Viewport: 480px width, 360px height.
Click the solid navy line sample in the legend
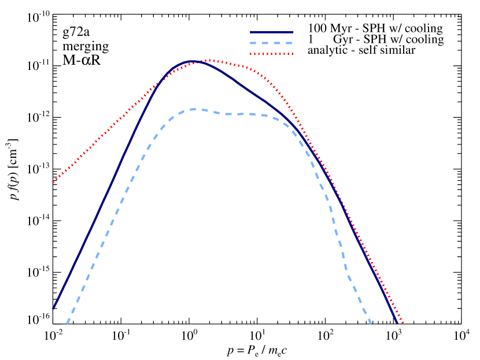click(x=271, y=32)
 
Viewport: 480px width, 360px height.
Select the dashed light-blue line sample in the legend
click(x=271, y=43)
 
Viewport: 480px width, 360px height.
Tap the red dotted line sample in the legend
click(x=271, y=54)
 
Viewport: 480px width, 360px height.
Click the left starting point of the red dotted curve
click(x=53, y=182)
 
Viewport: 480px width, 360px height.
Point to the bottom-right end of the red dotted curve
click(x=403, y=322)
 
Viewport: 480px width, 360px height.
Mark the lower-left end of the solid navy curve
click(x=53, y=309)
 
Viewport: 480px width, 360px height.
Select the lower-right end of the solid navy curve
click(x=398, y=322)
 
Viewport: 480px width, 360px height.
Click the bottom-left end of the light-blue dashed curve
click(x=67, y=324)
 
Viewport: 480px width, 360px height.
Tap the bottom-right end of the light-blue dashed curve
click(x=371, y=324)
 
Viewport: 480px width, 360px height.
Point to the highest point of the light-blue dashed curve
click(x=194, y=109)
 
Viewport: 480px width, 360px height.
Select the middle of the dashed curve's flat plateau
click(x=240, y=114)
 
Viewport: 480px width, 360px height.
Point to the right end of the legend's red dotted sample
click(x=293, y=54)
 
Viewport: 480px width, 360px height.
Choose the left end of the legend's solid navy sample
click(x=250, y=32)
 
